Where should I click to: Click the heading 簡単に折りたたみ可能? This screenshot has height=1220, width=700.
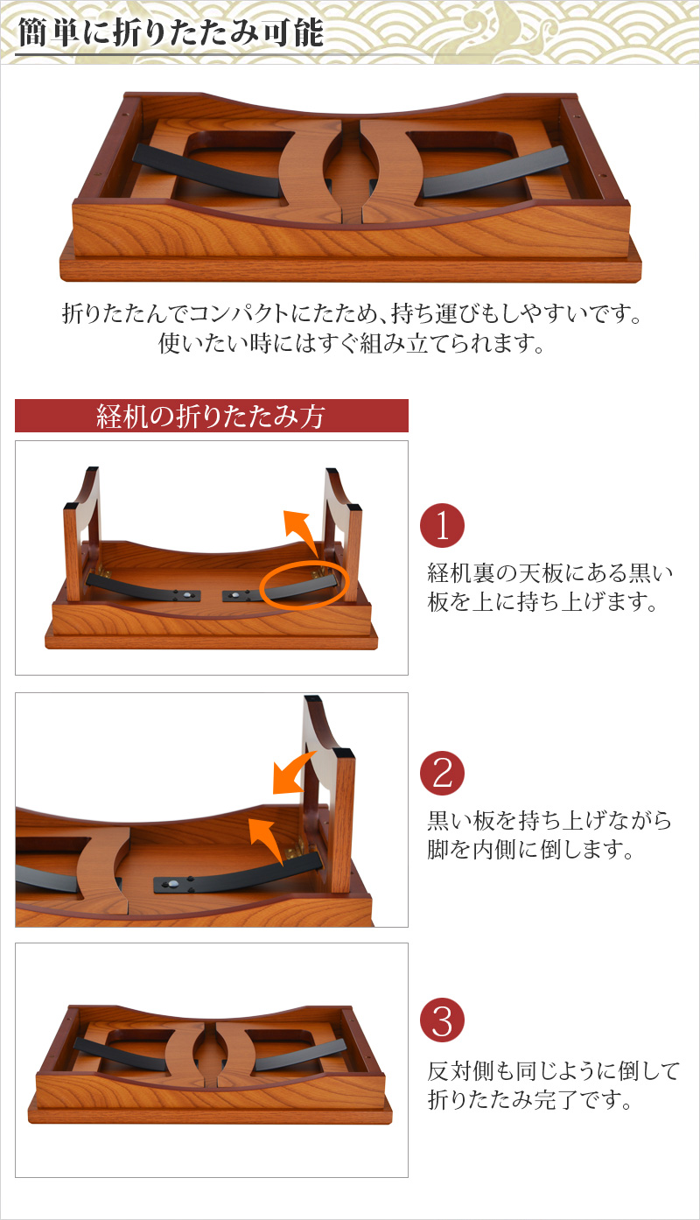coord(171,32)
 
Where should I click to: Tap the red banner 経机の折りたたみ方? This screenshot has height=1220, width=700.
coord(211,416)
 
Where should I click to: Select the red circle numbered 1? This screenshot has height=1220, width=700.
coord(442,526)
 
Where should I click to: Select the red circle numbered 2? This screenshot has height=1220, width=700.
coord(442,774)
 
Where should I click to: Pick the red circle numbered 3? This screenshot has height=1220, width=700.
coord(442,1020)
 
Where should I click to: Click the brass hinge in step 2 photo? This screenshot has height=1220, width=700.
coord(296,849)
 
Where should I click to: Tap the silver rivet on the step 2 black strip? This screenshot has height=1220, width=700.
coord(173,884)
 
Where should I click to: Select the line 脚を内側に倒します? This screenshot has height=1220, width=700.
coord(531,849)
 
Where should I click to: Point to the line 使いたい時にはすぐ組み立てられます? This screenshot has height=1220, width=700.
coord(351,342)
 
